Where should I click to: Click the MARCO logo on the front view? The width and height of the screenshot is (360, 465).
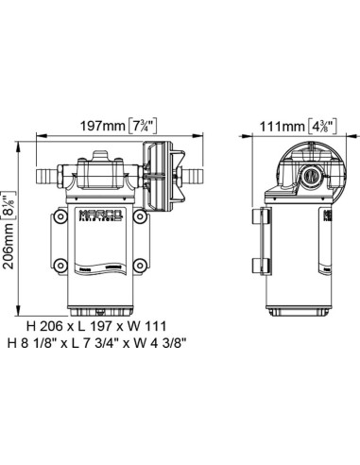click(x=100, y=215)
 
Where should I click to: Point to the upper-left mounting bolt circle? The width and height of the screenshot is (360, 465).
click(x=60, y=216)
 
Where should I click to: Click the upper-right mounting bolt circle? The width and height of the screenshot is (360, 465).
click(x=140, y=216)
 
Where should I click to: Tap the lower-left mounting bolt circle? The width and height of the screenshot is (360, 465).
click(x=60, y=266)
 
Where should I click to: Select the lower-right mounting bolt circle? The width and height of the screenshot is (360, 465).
click(x=140, y=266)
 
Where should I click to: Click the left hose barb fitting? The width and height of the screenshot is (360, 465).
click(x=47, y=175)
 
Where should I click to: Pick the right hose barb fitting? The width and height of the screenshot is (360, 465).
click(x=193, y=175)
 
